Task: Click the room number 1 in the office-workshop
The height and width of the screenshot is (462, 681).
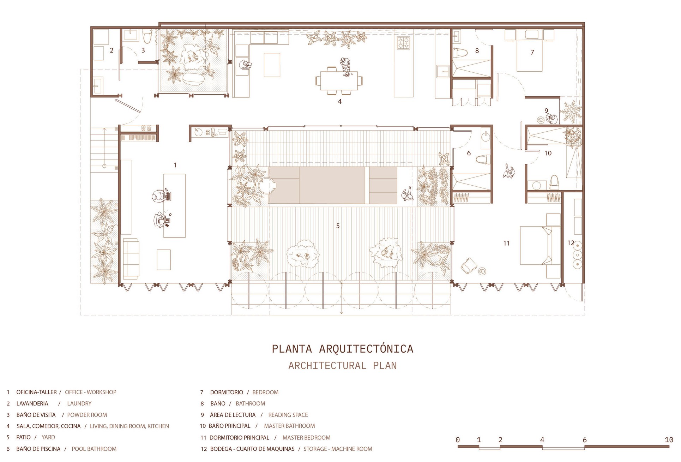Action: (175, 165)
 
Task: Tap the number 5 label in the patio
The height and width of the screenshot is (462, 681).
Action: (338, 226)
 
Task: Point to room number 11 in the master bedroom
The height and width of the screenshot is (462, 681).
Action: (506, 243)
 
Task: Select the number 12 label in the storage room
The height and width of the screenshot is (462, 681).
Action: (571, 243)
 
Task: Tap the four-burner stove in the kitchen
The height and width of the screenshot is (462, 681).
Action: (403, 43)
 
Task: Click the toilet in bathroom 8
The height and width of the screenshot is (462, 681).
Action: (460, 53)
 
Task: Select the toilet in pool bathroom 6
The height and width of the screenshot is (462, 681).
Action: (483, 160)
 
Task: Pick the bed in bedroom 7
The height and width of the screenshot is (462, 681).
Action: (529, 50)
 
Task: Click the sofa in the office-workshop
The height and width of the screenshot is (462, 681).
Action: (131, 259)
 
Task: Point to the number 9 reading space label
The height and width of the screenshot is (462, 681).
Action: (546, 111)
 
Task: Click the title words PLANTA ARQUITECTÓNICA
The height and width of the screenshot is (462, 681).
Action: (342, 349)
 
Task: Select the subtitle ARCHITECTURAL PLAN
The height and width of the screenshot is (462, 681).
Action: (342, 366)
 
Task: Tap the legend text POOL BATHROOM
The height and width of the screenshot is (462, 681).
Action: (94, 449)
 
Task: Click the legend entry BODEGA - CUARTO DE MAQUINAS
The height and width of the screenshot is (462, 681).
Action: (252, 449)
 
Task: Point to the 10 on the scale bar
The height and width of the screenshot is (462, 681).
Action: (669, 440)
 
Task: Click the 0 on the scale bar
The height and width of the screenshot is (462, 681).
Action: (458, 440)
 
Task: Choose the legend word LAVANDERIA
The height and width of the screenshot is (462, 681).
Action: (32, 403)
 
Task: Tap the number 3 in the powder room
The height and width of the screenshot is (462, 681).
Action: (143, 50)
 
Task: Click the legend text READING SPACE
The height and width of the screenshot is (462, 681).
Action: (288, 415)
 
